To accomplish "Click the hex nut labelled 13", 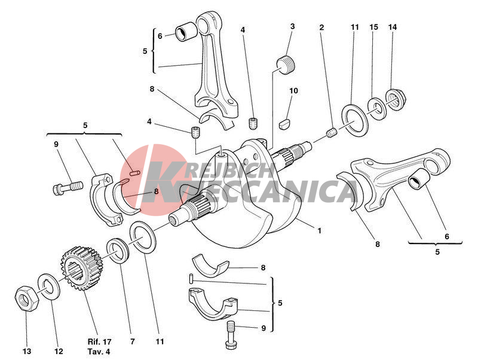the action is [27, 298].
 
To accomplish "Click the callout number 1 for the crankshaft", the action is [320, 231].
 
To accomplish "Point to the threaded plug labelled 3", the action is [286, 65].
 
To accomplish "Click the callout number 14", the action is [393, 27].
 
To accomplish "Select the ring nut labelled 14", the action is [396, 99].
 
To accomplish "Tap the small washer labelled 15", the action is [377, 108].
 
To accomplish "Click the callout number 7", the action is [132, 341].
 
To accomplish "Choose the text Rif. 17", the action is [99, 341].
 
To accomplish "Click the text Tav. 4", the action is [99, 352].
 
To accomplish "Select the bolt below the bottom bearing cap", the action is [231, 335].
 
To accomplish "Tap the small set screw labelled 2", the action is [332, 133].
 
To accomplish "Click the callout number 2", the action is [321, 28].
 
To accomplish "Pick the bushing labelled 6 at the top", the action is [186, 31].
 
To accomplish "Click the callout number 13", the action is [27, 352].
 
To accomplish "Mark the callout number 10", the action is [293, 91].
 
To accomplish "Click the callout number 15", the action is [374, 27].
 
